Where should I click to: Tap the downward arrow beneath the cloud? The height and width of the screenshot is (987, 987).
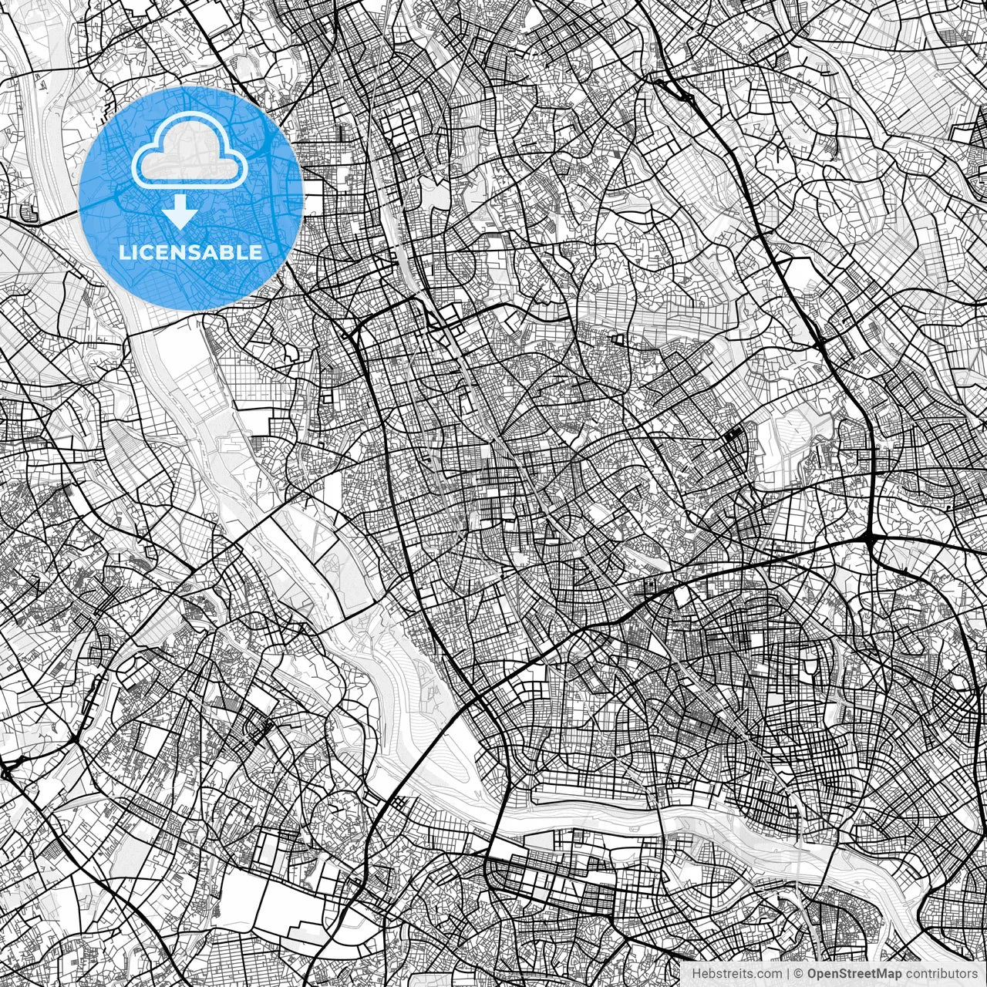(180, 212)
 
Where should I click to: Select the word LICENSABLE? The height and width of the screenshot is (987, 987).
(190, 252)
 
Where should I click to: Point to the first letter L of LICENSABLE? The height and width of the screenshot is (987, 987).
(123, 252)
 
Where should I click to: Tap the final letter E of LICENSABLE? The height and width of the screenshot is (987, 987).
(256, 252)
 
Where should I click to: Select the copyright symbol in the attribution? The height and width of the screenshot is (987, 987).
(800, 973)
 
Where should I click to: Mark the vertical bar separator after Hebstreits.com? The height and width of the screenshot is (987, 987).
(789, 973)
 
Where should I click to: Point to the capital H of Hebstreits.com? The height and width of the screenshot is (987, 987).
(696, 973)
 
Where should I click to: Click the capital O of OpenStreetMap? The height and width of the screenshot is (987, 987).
(812, 973)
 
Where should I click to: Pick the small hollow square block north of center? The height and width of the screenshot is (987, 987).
(618, 339)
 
